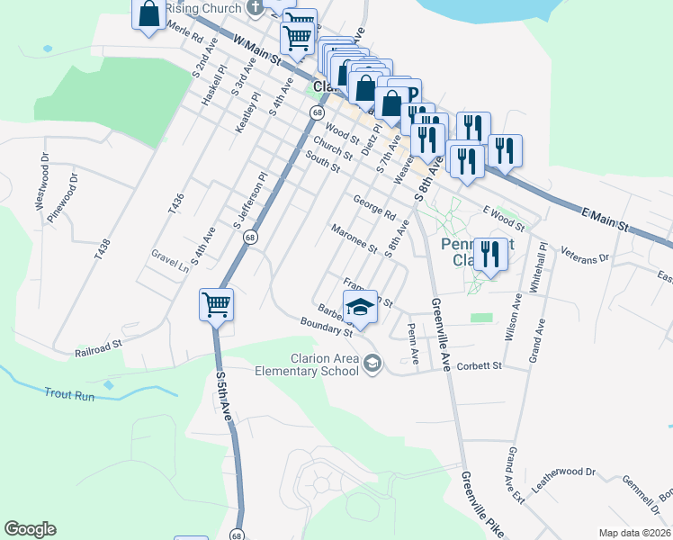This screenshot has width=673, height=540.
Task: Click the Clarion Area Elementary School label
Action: coord(306,364)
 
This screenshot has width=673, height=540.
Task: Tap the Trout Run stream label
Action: coord(70,393)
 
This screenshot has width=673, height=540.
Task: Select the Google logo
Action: coord(30,529)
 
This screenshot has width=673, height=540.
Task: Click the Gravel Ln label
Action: coord(170,260)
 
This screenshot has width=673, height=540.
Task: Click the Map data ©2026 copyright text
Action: coord(633,532)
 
